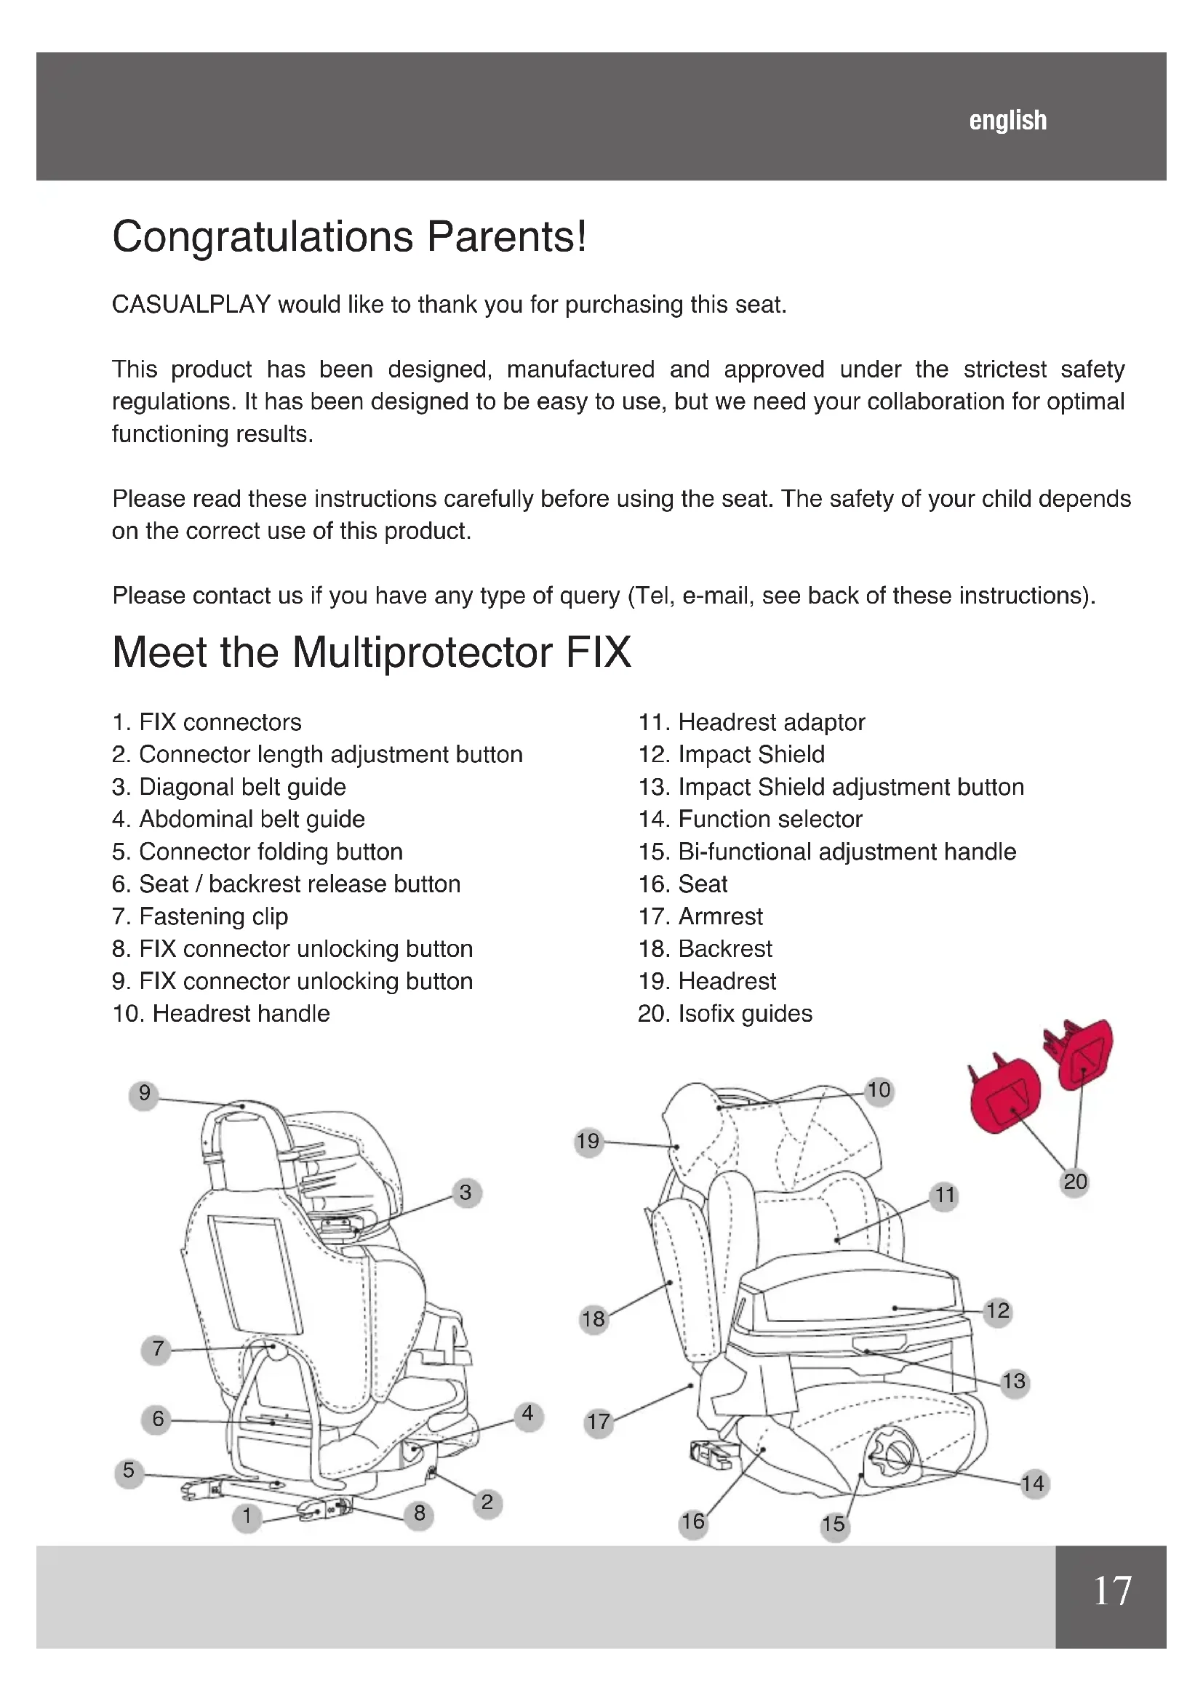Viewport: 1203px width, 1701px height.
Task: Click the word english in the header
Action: (1007, 120)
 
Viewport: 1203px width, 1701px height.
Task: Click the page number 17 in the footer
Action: (1112, 1590)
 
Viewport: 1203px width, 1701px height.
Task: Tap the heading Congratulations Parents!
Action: (349, 237)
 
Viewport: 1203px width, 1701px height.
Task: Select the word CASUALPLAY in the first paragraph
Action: (191, 305)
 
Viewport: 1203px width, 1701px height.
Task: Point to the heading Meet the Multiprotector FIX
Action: (371, 652)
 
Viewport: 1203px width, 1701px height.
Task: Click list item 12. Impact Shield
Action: (731, 754)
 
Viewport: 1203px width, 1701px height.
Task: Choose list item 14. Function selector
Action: (750, 819)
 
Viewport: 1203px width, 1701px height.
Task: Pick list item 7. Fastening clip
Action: (200, 916)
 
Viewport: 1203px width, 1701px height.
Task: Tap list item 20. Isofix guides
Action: (724, 1014)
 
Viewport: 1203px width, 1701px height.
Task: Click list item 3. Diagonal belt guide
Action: (229, 787)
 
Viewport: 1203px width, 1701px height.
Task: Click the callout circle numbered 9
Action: (145, 1093)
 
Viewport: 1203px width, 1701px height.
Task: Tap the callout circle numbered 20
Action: (1075, 1181)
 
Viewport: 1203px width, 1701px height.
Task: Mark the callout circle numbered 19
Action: (588, 1141)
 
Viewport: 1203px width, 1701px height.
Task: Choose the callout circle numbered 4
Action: (527, 1414)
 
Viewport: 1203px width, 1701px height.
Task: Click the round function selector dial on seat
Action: (894, 1457)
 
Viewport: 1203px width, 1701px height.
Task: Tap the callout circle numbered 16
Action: (692, 1521)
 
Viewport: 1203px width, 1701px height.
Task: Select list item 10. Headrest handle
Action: (221, 1014)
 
